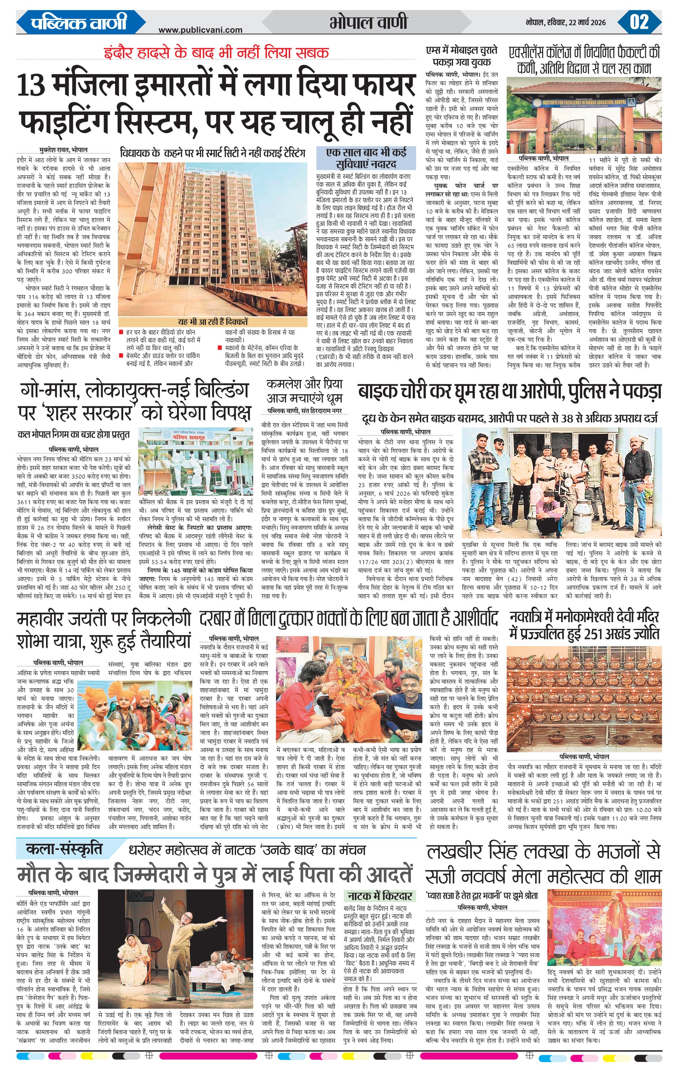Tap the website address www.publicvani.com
(x=200, y=30)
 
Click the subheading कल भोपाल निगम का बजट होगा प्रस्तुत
(x=73, y=434)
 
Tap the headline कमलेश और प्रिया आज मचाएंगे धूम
(x=304, y=391)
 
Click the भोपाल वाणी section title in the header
(x=368, y=22)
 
